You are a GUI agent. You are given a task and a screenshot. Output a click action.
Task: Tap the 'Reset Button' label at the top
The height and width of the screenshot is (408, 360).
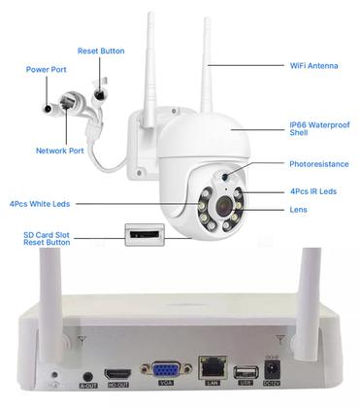pos(101,50)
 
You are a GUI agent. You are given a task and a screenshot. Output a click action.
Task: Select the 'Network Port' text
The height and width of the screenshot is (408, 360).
pos(60,152)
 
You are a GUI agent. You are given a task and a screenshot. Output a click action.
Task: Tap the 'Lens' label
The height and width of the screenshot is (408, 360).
pos(299,210)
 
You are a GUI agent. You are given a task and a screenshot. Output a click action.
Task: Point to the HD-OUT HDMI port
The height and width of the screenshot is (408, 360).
pos(118,372)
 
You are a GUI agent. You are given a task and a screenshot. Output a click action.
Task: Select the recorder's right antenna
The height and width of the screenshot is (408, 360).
pos(311,291)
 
